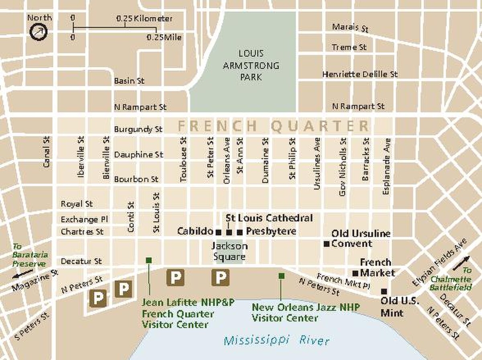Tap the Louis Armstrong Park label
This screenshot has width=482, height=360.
click(x=251, y=65)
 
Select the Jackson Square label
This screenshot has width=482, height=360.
click(x=229, y=251)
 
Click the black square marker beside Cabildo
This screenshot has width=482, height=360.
click(x=218, y=232)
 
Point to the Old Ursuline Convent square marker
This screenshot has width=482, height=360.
click(x=327, y=243)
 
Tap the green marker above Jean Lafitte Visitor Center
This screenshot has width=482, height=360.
click(x=149, y=260)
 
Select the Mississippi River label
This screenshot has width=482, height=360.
click(x=276, y=341)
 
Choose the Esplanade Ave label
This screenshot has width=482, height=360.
click(x=387, y=166)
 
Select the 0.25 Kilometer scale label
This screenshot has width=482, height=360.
click(x=145, y=19)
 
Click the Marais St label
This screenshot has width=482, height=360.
click(x=350, y=28)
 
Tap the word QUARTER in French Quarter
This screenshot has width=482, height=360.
click(x=320, y=126)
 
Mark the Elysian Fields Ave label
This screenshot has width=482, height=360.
click(x=440, y=262)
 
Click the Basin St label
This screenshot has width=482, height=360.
click(x=129, y=81)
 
